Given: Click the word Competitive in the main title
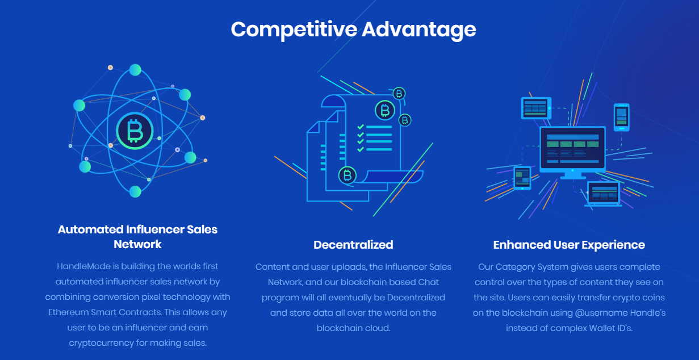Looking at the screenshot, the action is [294, 30].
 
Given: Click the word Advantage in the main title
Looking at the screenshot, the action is [419, 30].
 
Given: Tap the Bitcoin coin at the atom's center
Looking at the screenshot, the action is [135, 131].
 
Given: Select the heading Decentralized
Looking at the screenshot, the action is [353, 245].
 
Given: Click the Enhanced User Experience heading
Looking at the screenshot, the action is [569, 245].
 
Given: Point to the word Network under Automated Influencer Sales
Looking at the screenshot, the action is [137, 244].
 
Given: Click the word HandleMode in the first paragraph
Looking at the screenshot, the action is [83, 266].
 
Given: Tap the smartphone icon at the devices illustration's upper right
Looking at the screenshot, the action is [622, 118].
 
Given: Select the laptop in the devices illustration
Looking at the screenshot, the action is [603, 194].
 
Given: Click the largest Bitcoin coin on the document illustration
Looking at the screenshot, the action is [385, 110].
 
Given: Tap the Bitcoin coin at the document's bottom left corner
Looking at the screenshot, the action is [348, 175].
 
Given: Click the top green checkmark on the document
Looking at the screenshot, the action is [361, 127].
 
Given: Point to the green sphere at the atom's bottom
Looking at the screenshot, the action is [135, 191].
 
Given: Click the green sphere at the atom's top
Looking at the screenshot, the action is [135, 70].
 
